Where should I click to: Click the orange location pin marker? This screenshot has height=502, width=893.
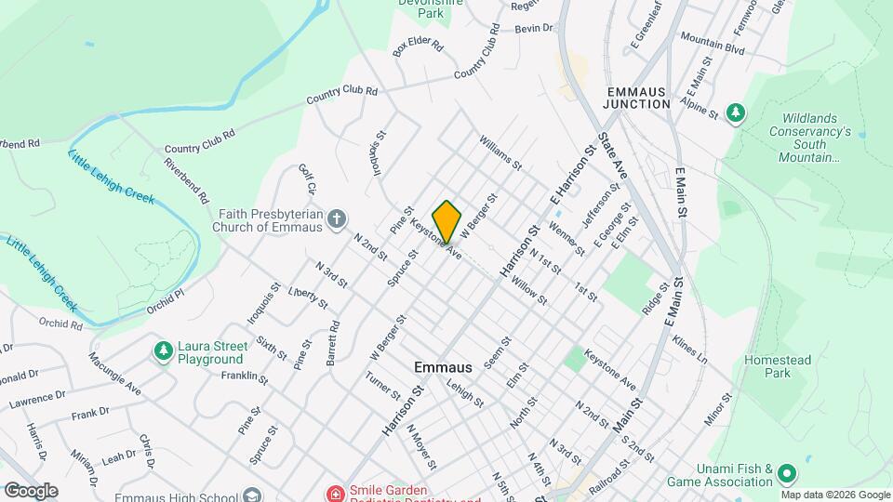[447, 221]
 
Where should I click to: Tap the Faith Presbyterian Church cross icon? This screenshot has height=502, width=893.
[338, 219]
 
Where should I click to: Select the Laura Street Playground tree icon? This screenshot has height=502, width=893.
[164, 350]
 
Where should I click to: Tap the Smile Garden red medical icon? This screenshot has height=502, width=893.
[334, 492]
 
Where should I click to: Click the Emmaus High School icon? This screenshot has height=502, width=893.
[249, 495]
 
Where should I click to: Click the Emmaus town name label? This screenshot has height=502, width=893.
[442, 367]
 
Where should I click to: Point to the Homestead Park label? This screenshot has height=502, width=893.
[779, 366]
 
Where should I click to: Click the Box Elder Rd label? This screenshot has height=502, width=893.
[419, 46]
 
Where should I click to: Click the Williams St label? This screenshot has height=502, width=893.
[500, 152]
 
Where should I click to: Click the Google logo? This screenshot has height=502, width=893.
[31, 490]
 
